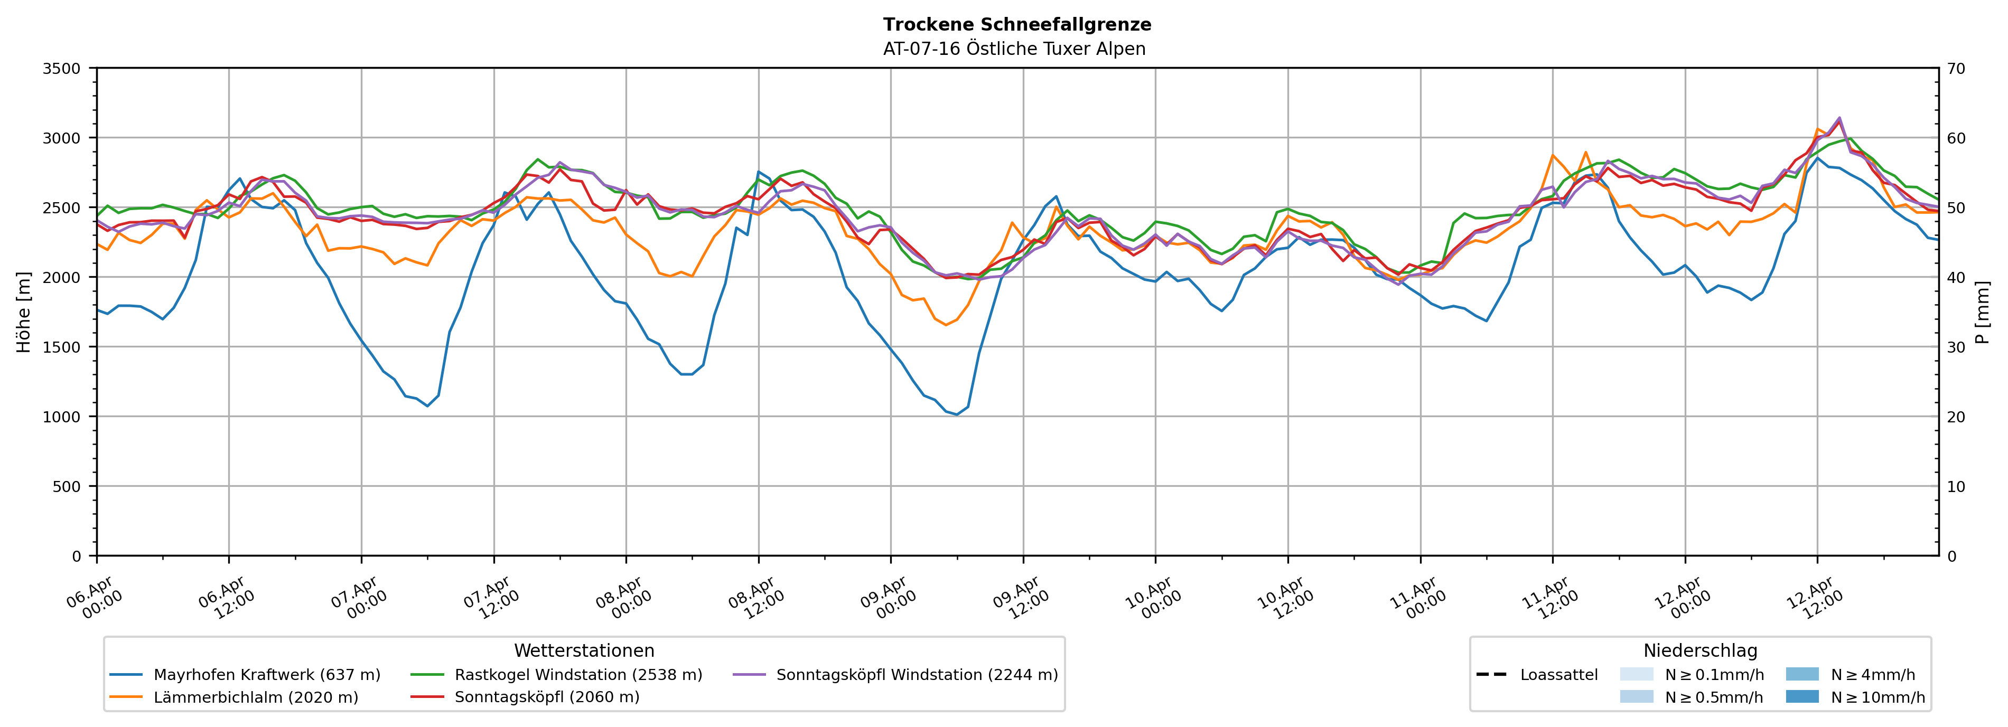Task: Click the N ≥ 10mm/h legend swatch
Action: pos(1801,696)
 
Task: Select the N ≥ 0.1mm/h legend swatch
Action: pos(1636,674)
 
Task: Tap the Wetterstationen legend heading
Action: pos(584,650)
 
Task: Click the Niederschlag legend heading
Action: pos(1699,650)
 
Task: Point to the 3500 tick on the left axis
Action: pos(62,69)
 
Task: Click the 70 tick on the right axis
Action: pos(1956,69)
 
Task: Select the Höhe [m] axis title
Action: pos(24,311)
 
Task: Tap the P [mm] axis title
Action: pos(1982,311)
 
